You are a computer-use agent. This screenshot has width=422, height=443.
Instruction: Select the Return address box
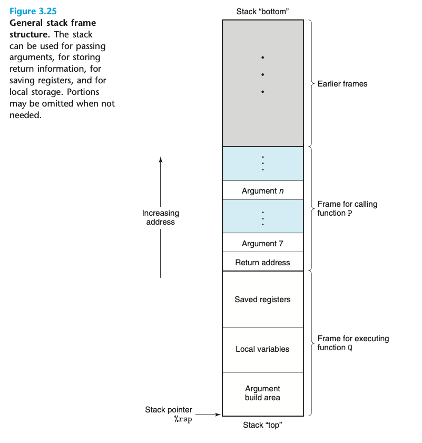(x=262, y=262)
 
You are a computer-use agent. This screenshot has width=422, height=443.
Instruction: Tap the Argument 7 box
(x=262, y=243)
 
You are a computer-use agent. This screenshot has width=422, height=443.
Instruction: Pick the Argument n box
(x=262, y=190)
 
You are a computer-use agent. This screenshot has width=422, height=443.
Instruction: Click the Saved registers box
(x=262, y=299)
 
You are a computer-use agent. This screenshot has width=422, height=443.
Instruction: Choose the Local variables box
(x=262, y=349)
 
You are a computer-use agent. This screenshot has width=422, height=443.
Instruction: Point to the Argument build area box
(x=262, y=393)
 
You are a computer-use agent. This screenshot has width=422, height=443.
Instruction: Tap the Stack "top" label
(x=262, y=425)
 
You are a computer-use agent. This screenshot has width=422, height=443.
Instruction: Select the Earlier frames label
(x=342, y=83)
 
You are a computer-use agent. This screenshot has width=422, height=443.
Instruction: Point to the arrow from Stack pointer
(x=209, y=415)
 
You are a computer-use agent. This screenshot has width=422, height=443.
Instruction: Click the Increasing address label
(x=161, y=217)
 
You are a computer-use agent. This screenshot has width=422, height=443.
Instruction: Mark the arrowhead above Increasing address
(x=161, y=160)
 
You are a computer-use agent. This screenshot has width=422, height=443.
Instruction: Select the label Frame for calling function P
(x=347, y=208)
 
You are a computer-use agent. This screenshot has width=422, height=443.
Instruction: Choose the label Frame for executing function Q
(x=353, y=343)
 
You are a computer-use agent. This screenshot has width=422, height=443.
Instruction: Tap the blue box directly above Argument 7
(x=262, y=216)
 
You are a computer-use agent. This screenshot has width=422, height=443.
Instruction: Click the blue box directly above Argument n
(x=262, y=163)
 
